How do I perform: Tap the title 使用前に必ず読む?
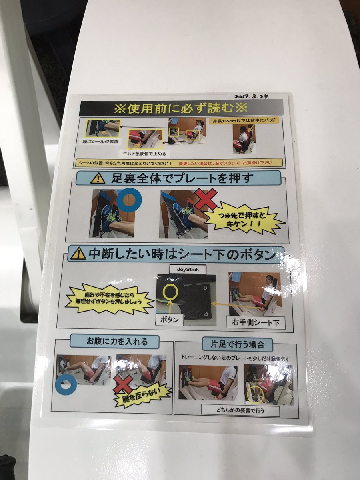pyautogui.click(x=181, y=108)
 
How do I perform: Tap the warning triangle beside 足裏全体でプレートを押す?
pyautogui.click(x=98, y=178)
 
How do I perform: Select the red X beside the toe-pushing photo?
pyautogui.click(x=205, y=199)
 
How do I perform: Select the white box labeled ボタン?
pyautogui.click(x=170, y=320)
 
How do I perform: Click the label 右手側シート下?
pyautogui.click(x=256, y=322)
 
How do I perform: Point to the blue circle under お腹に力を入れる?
pyautogui.click(x=66, y=383)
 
